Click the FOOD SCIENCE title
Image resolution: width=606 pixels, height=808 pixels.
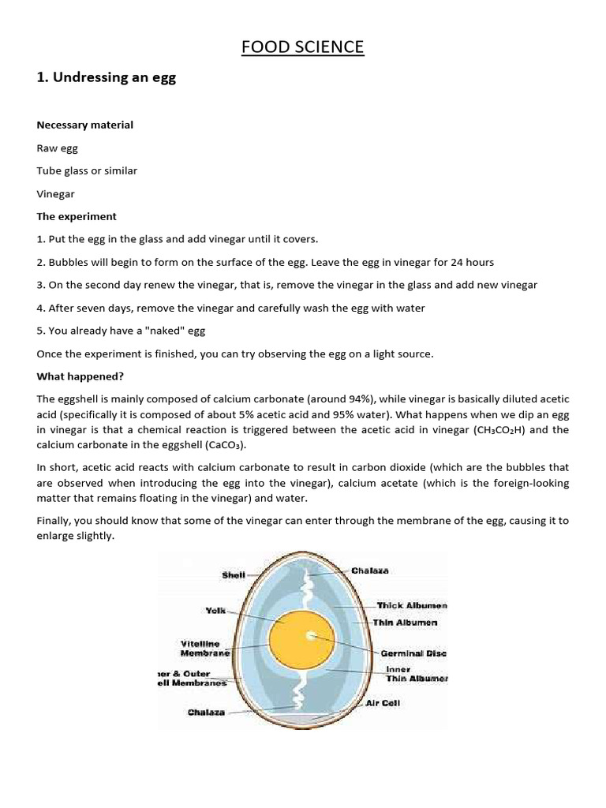[303, 47]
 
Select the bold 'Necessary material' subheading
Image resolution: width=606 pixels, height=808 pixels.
[85, 125]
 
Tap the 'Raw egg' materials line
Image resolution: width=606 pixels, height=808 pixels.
[58, 148]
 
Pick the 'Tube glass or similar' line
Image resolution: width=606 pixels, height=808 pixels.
[87, 170]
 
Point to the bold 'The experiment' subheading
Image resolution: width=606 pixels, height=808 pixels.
[77, 216]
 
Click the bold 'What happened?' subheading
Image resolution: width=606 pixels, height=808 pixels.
[80, 376]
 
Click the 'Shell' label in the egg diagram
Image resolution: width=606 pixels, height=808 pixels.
[234, 575]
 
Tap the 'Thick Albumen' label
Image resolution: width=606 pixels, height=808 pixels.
[411, 605]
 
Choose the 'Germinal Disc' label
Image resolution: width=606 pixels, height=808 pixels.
[413, 653]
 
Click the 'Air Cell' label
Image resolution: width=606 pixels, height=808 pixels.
[383, 702]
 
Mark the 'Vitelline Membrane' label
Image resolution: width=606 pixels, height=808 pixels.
[205, 648]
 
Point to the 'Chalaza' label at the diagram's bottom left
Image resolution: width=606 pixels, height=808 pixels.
[206, 712]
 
